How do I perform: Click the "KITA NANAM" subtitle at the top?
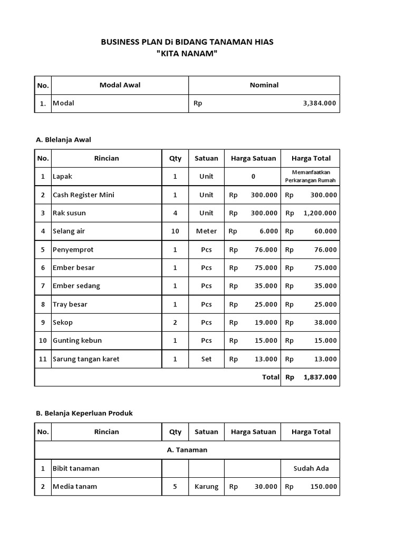[x=187, y=54]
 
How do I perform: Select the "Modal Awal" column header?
[x=120, y=85]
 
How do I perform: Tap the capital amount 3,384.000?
[x=320, y=103]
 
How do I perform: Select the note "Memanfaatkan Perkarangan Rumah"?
[x=310, y=177]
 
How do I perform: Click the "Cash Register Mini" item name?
[x=83, y=195]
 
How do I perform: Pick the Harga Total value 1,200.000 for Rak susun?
[x=320, y=213]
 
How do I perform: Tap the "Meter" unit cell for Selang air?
[x=206, y=232]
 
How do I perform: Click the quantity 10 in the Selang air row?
[x=175, y=232]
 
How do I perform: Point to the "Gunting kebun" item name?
[x=77, y=341]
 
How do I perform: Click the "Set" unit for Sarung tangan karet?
[x=206, y=359]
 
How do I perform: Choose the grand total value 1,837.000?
[x=320, y=378]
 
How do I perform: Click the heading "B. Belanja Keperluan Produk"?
[x=84, y=413]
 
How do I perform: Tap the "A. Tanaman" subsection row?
[x=187, y=450]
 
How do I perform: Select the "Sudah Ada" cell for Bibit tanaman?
[x=311, y=468]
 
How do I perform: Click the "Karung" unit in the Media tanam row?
[x=206, y=487]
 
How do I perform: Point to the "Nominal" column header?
[x=264, y=85]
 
